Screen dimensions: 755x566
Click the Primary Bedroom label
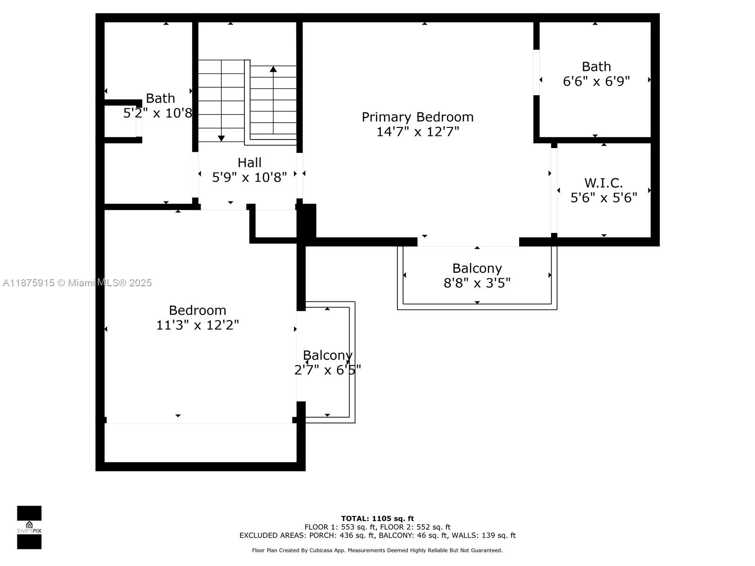click(x=417, y=117)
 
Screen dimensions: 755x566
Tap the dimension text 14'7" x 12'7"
click(x=418, y=132)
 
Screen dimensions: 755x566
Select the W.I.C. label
click(x=604, y=183)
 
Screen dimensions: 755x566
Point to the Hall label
click(x=249, y=163)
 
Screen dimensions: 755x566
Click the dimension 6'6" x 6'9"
click(x=596, y=82)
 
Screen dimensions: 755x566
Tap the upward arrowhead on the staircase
click(x=273, y=69)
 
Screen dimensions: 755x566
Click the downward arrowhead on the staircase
click(x=221, y=138)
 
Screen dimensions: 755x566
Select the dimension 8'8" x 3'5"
click(x=477, y=283)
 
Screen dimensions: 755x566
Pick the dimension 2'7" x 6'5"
click(x=327, y=370)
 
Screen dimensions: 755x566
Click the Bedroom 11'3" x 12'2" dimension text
click(x=197, y=325)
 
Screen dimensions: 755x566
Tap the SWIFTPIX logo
click(x=29, y=527)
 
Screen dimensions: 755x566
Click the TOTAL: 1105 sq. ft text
click(x=377, y=518)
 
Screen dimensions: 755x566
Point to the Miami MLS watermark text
click(x=77, y=283)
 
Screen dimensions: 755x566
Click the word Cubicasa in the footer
click(x=321, y=550)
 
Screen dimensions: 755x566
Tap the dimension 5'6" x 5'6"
click(x=604, y=198)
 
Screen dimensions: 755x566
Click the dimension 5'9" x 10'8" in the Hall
click(x=249, y=178)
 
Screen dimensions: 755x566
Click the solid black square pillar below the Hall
click(x=306, y=220)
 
